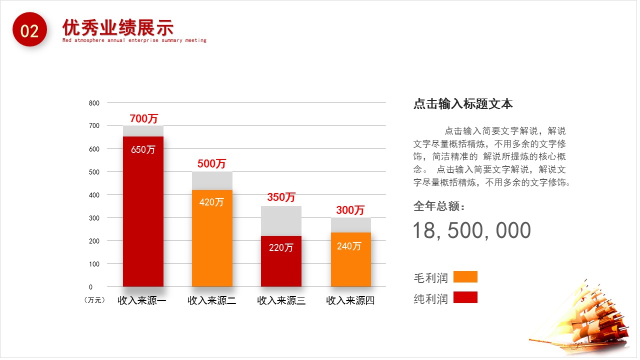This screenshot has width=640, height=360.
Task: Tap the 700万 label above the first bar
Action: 143,119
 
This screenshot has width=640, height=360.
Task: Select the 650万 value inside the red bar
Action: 143,149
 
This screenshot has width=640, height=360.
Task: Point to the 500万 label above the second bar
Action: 211,163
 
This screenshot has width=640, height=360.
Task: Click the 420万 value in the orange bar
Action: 211,202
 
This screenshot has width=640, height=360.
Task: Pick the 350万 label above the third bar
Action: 281,197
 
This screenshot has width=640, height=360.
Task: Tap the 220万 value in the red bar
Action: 281,247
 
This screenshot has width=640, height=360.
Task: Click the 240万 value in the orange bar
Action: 349,246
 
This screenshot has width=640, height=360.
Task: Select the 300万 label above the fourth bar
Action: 350,210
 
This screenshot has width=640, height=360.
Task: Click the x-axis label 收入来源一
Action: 142,300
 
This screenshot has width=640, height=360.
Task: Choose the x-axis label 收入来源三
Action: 281,300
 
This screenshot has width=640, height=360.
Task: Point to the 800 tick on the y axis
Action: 94,103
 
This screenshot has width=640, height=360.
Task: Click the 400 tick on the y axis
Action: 94,195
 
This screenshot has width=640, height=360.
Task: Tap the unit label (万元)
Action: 94,300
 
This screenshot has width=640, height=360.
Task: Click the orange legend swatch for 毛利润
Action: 465,277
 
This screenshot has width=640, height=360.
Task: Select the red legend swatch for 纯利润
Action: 465,297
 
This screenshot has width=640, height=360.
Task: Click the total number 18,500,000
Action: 471,230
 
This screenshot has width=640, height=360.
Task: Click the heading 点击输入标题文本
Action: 463,104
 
